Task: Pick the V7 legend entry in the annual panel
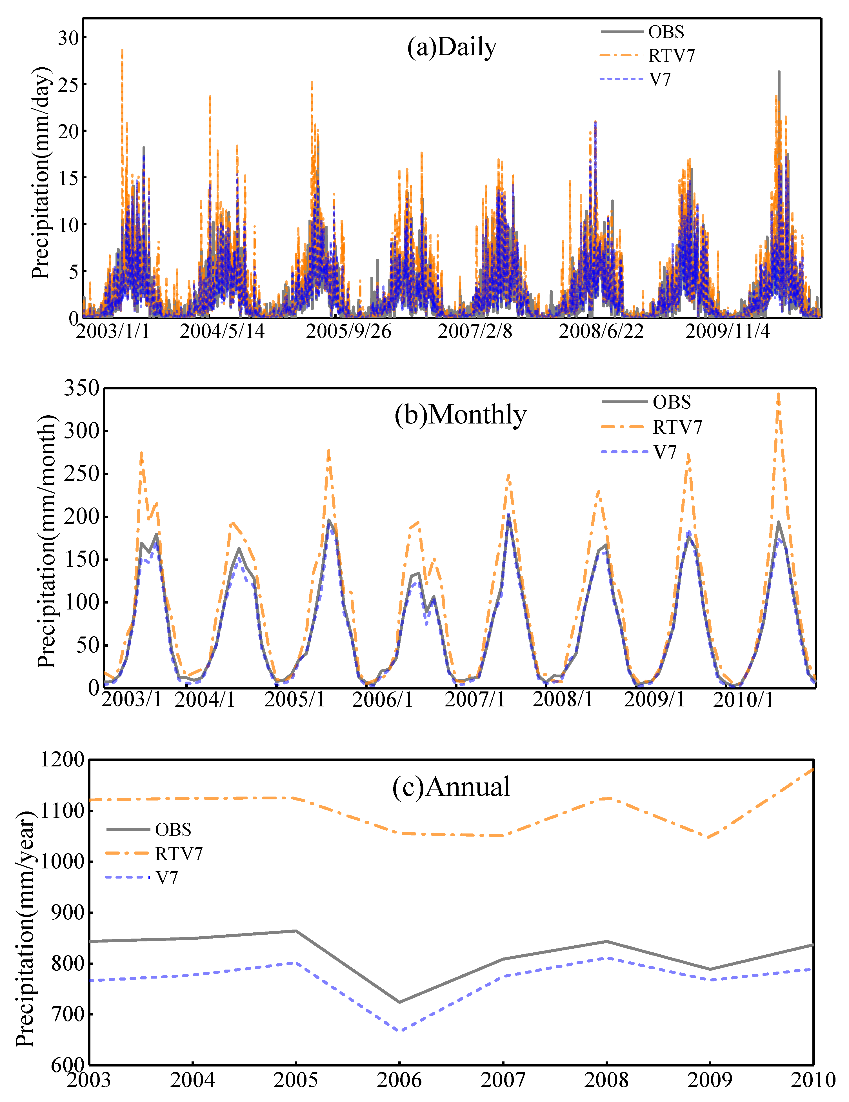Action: (x=166, y=878)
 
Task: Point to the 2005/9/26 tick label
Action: (x=348, y=332)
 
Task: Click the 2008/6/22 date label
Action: (x=601, y=332)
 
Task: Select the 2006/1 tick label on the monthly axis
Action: (x=382, y=700)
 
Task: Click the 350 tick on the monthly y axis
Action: (x=81, y=388)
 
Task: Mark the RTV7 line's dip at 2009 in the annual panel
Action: (x=710, y=838)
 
